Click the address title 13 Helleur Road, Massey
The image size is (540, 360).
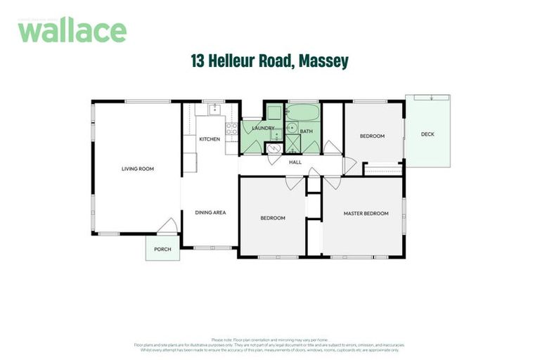tap(269, 62)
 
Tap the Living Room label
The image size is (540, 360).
tap(137, 169)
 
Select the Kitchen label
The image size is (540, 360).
tap(210, 139)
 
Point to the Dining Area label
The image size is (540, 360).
tap(210, 212)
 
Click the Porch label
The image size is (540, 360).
tap(162, 249)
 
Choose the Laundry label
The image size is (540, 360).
tap(263, 128)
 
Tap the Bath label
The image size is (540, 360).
tap(307, 131)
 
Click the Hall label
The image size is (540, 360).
tap(295, 162)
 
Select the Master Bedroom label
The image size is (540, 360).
tap(366, 213)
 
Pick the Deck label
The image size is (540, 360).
tap(427, 134)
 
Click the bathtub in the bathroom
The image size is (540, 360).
tap(304, 112)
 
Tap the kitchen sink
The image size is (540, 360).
tap(210, 110)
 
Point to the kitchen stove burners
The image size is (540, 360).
tap(231, 128)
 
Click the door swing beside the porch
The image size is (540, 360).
tap(167, 226)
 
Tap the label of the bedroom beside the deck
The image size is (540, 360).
tap(372, 136)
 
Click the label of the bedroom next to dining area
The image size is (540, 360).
tap(273, 218)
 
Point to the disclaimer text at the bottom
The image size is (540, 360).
tap(269, 345)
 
